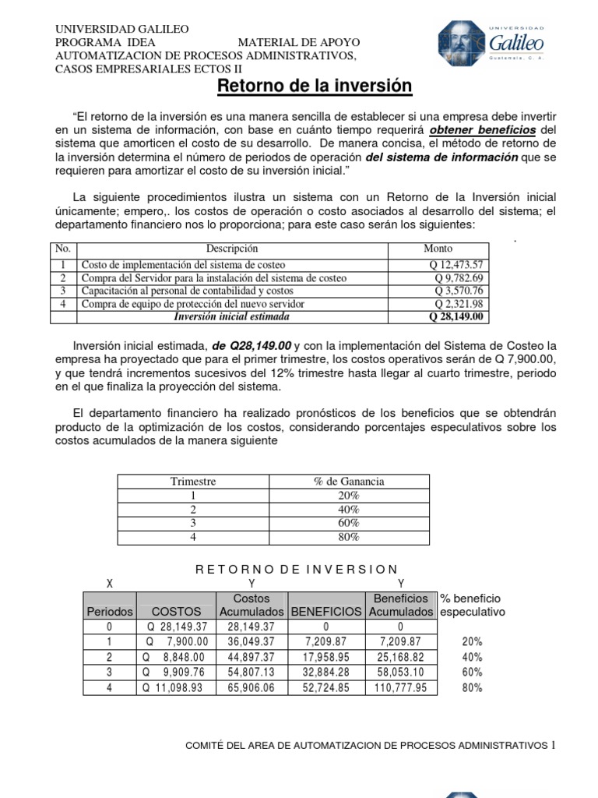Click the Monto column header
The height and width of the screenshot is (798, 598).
(x=438, y=249)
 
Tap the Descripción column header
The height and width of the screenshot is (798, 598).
(x=232, y=249)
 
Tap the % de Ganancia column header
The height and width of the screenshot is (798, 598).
(x=349, y=482)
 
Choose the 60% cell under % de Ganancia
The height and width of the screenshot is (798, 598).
(x=349, y=523)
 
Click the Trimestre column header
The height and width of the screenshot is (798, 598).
(x=193, y=482)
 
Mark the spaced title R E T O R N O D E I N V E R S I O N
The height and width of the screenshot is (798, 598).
(x=297, y=570)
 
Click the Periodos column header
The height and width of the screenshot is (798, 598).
(x=109, y=613)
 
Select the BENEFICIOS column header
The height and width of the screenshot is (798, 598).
(x=325, y=613)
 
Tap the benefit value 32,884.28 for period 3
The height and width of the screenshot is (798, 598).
(x=325, y=673)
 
